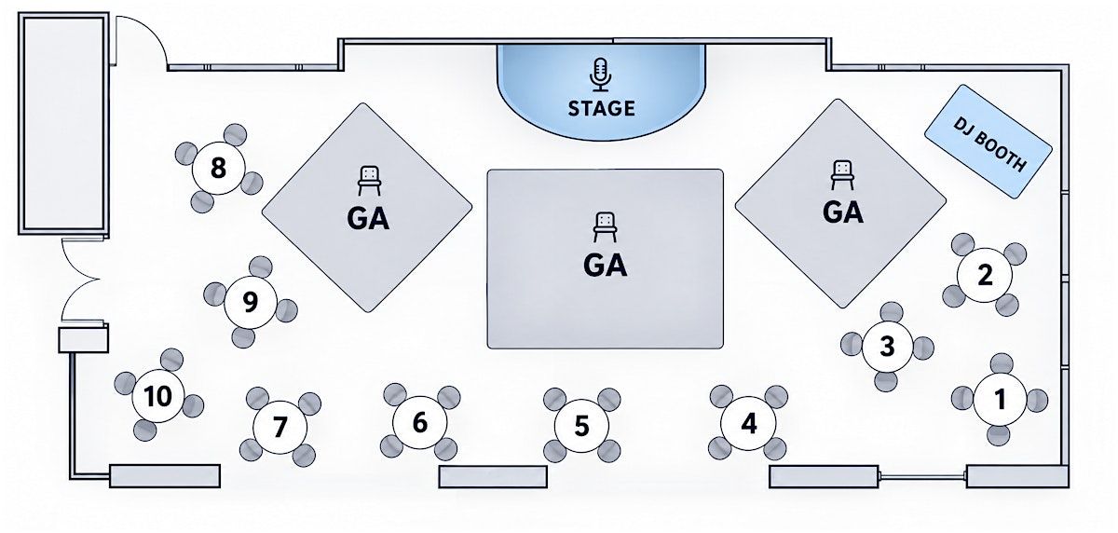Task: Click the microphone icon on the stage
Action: click(x=601, y=75)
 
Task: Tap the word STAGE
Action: click(x=602, y=108)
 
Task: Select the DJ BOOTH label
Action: click(x=989, y=144)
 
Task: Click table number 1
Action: click(x=1000, y=399)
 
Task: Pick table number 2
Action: click(x=984, y=275)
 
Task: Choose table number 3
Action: click(x=887, y=346)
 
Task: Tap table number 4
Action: click(x=748, y=423)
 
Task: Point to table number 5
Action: click(x=581, y=426)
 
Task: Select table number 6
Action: click(x=420, y=423)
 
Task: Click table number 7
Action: click(x=279, y=427)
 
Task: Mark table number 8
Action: click(x=218, y=168)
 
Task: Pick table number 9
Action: click(x=250, y=302)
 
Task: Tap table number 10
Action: click(x=158, y=396)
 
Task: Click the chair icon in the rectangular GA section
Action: click(x=605, y=227)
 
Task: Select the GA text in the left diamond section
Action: click(x=368, y=219)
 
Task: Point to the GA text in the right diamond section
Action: click(x=842, y=212)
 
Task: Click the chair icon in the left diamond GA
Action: click(x=369, y=181)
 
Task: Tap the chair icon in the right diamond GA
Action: click(x=842, y=174)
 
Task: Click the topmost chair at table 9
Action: click(x=261, y=267)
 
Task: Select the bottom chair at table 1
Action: click(x=998, y=435)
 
